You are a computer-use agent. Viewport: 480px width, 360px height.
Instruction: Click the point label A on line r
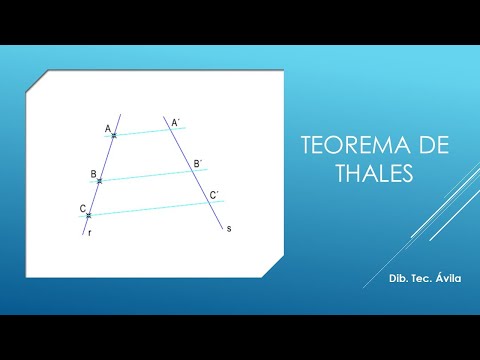coord(107,129)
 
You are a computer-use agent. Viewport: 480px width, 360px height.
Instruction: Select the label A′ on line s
coord(175,123)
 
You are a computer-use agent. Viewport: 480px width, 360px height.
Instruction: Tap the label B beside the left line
coord(93,174)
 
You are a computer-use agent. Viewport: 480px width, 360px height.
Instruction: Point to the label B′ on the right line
coord(198,163)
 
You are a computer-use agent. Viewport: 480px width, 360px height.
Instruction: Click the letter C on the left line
coord(82,208)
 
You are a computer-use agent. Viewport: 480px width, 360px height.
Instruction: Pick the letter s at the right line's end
coord(228,229)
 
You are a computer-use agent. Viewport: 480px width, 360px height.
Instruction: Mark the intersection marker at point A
coord(114,135)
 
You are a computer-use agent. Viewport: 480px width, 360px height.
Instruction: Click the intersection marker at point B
coord(101,180)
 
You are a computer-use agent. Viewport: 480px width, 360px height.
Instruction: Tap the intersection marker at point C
coord(89,215)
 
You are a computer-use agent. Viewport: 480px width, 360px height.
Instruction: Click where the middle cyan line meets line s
coord(194,171)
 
